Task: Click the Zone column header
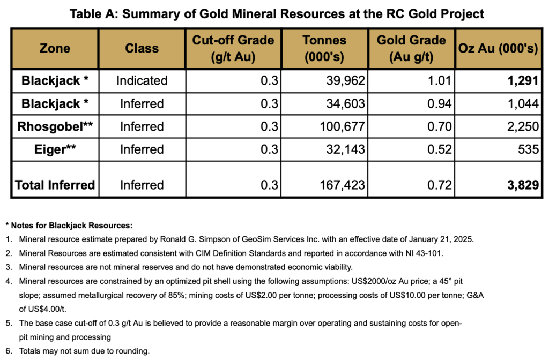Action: click(x=55, y=48)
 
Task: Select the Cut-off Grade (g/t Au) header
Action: click(x=233, y=48)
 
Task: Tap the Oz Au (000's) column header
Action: click(x=498, y=48)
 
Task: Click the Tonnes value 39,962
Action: click(x=346, y=80)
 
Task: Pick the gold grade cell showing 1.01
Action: click(x=440, y=80)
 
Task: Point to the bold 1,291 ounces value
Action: click(x=523, y=80)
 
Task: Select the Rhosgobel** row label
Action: click(x=55, y=126)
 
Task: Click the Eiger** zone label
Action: click(x=55, y=149)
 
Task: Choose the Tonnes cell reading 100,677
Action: click(x=343, y=126)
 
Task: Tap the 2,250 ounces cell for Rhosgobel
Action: click(x=523, y=126)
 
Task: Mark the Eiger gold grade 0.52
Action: click(x=440, y=149)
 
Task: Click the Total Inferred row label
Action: click(x=55, y=185)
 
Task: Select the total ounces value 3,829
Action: click(x=523, y=185)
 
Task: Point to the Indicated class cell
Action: click(x=142, y=80)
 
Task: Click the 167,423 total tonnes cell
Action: click(x=343, y=185)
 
